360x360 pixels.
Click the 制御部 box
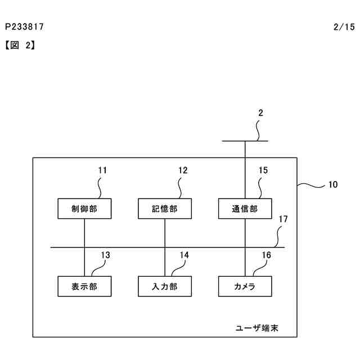tap(84, 209)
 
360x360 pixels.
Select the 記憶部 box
tap(165, 209)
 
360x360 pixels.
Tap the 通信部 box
tap(245, 209)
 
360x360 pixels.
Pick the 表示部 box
tap(84, 286)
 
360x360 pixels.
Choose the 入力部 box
tap(165, 286)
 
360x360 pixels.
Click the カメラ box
tap(245, 286)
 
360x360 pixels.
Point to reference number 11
tap(102, 170)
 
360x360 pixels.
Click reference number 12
tap(183, 170)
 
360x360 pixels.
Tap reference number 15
tap(263, 170)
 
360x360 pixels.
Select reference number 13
tap(105, 255)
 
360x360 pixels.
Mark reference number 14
tap(184, 255)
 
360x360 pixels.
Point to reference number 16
tap(266, 255)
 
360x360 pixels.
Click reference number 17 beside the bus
tap(283, 219)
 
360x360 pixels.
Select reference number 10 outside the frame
tap(333, 184)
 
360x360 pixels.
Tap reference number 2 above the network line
tap(260, 112)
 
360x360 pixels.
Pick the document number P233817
tap(24, 26)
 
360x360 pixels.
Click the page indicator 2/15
tap(344, 26)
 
